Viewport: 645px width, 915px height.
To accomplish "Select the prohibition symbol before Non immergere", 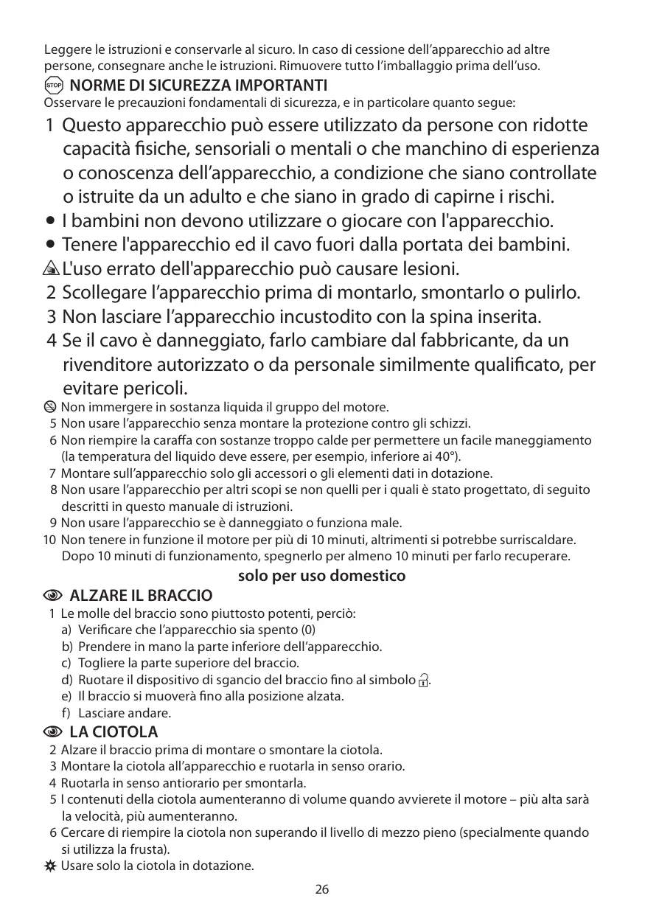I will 50,406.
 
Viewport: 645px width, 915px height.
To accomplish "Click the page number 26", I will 322,889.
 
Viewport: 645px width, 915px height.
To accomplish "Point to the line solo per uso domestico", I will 322,575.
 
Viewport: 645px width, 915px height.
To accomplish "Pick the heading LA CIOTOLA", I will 113,732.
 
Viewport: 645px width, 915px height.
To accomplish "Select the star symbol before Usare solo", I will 50,865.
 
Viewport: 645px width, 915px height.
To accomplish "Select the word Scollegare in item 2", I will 104,292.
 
